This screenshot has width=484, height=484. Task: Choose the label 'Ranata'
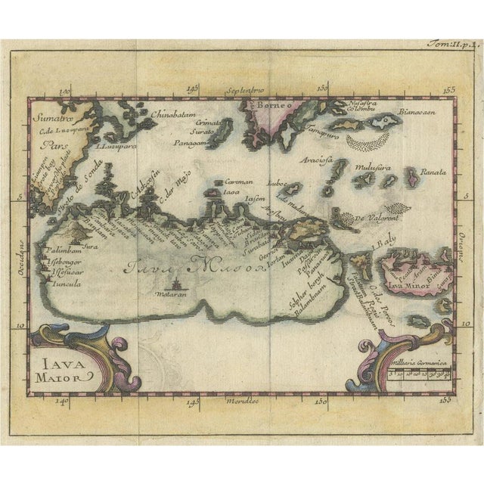[436, 170]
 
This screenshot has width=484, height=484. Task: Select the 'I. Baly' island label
[386, 241]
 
